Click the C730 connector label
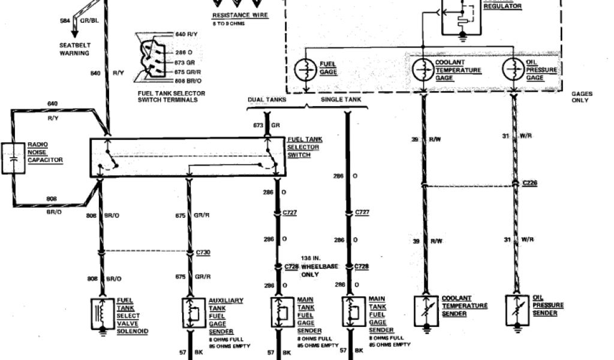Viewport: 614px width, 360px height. (x=203, y=253)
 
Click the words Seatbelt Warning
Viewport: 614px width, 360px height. (x=74, y=49)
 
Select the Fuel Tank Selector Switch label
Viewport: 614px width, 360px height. (x=305, y=147)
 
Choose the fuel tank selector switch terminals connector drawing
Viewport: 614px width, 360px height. (x=146, y=57)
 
